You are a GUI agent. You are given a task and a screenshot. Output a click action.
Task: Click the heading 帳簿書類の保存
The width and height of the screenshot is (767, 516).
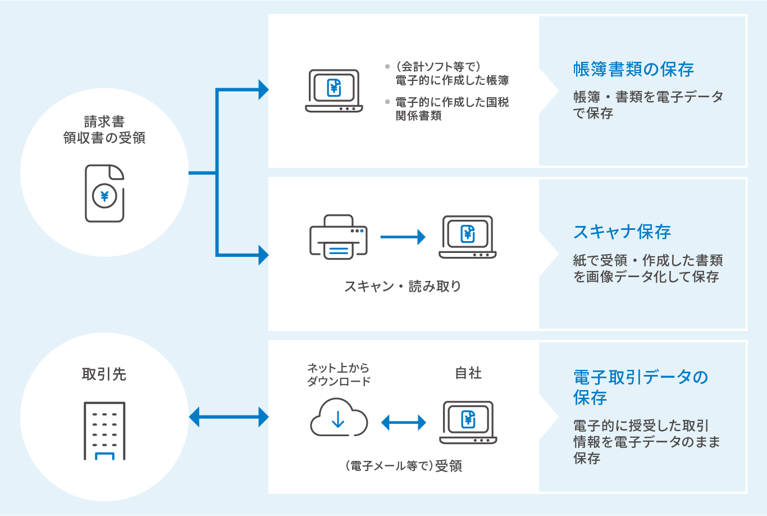633,70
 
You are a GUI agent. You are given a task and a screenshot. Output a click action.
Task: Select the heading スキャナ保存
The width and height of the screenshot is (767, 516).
622,232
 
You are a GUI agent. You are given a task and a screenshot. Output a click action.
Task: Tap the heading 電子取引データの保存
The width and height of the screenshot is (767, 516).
640,387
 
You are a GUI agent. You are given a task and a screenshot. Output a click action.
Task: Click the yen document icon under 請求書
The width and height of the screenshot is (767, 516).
104,193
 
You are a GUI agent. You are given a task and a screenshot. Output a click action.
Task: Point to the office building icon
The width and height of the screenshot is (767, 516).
104,431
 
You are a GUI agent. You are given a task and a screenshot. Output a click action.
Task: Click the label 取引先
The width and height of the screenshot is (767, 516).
104,374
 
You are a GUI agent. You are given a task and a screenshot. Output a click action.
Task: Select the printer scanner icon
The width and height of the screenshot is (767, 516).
339,237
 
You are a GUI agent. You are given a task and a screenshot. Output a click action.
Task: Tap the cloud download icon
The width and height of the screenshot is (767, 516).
339,418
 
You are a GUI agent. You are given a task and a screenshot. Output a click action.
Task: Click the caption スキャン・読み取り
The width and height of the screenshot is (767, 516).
403,286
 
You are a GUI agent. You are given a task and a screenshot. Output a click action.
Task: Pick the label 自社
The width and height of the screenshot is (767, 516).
468,373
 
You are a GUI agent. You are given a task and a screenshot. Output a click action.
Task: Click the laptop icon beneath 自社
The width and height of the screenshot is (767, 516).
468,422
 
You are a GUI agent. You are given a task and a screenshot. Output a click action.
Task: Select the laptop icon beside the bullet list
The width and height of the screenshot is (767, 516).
334,90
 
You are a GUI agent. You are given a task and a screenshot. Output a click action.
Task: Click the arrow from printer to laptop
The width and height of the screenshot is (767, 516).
403,237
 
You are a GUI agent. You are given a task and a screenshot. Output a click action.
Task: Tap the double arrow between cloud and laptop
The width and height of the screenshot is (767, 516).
403,423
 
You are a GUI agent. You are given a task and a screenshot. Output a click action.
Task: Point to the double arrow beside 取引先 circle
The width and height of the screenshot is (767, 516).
229,417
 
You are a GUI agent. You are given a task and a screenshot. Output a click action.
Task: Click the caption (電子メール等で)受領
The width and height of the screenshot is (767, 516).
403,466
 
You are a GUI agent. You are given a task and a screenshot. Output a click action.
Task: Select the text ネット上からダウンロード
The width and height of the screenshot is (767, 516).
339,374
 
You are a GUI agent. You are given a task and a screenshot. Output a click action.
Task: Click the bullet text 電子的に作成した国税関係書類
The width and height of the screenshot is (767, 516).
451,109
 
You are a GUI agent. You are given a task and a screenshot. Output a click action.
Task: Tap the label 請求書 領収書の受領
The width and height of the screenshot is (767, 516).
104,130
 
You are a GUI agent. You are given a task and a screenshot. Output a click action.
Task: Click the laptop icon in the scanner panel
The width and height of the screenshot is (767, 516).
468,237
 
